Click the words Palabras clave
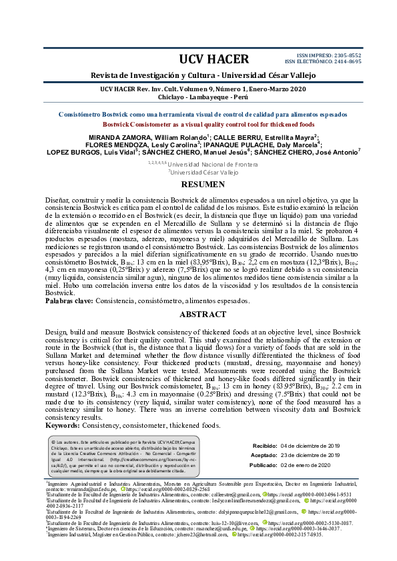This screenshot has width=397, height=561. click(69, 301)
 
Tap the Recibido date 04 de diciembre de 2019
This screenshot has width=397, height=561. click(311, 445)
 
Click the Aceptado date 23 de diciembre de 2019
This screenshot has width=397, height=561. click(311, 455)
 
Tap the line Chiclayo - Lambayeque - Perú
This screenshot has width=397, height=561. click(198, 97)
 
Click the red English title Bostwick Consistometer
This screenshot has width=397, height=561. click(198, 124)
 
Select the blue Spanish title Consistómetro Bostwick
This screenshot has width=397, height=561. click(198, 115)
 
